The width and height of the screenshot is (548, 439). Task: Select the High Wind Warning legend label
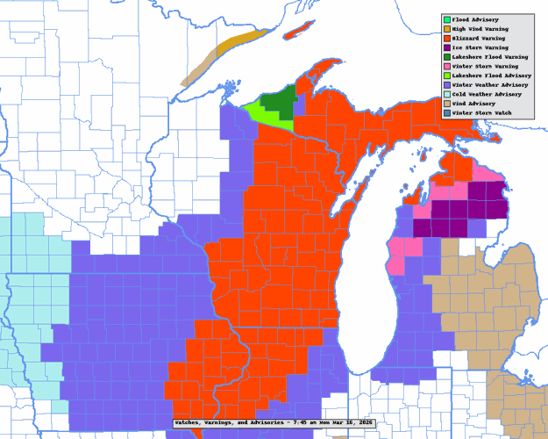point(483,29)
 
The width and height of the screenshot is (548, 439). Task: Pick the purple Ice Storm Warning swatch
point(446,47)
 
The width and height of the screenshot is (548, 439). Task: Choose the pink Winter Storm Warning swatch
point(446,66)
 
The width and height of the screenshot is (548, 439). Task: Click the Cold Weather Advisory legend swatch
point(446,94)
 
